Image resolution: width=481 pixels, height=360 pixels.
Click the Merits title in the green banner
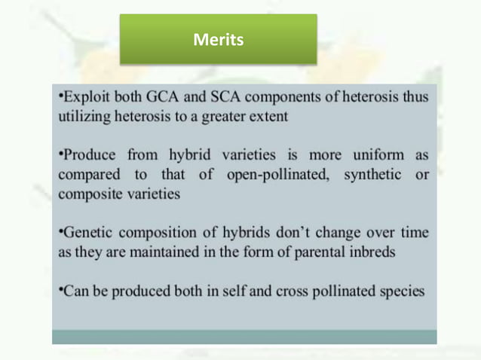tap(218, 40)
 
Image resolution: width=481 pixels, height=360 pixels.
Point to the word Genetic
tap(86, 233)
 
